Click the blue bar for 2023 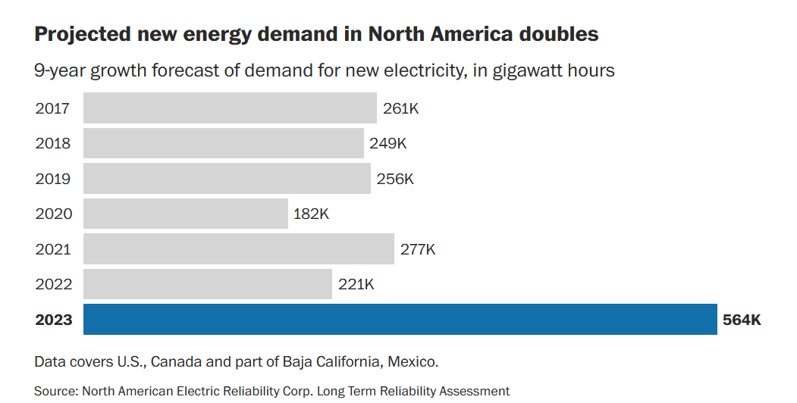pyautogui.click(x=400, y=319)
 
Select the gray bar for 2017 pyautogui.click(x=230, y=108)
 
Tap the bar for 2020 pyautogui.click(x=186, y=214)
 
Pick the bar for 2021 pyautogui.click(x=239, y=248)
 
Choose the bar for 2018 pyautogui.click(x=224, y=143)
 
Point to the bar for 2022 pyautogui.click(x=208, y=284)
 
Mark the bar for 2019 pyautogui.click(x=227, y=179)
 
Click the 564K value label pyautogui.click(x=742, y=320)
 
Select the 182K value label pyautogui.click(x=311, y=214)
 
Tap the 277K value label pyautogui.click(x=418, y=249)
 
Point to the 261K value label pyautogui.click(x=400, y=108)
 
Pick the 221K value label pyautogui.click(x=356, y=284)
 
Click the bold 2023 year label pyautogui.click(x=54, y=320)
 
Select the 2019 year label pyautogui.click(x=53, y=179)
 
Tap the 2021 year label pyautogui.click(x=53, y=249)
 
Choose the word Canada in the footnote pyautogui.click(x=176, y=361)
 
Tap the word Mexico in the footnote pyautogui.click(x=412, y=361)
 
